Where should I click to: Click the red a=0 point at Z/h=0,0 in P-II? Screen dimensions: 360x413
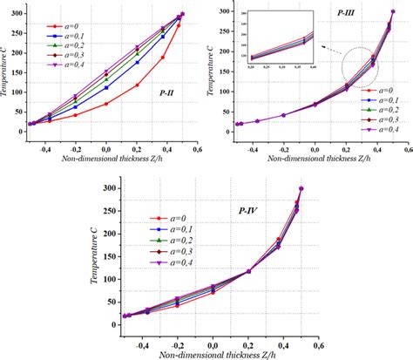coord(106,104)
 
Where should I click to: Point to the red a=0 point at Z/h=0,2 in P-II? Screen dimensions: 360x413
coord(137,85)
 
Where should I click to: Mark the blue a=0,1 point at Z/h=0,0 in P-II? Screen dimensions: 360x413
coord(106,88)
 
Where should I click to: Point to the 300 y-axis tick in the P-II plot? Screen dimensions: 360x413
coord(15,13)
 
